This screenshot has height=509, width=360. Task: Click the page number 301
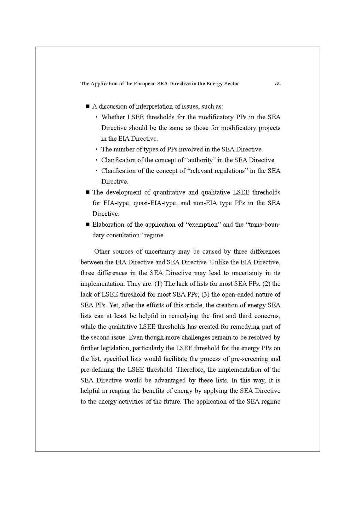point(277,84)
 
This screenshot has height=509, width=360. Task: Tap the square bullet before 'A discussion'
point(87,106)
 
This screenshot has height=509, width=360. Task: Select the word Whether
point(113,117)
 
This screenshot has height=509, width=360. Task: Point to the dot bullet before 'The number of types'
point(96,150)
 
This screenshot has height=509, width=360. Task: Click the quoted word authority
point(199,160)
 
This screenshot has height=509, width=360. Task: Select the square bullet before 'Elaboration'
point(87,225)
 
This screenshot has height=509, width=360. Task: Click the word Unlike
point(219,262)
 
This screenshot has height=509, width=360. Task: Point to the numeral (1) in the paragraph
point(158,284)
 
